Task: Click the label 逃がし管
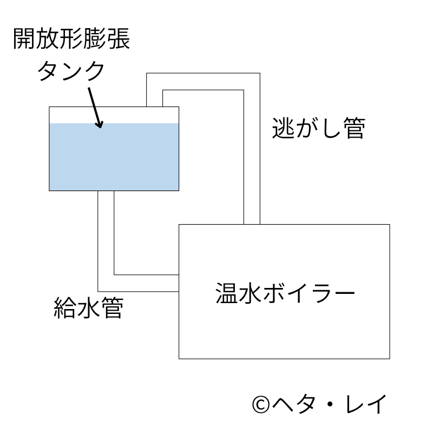(x=318, y=128)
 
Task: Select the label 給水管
(x=88, y=309)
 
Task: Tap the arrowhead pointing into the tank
(x=99, y=124)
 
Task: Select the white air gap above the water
(x=114, y=115)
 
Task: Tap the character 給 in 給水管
(x=65, y=309)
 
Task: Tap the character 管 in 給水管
(x=111, y=309)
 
